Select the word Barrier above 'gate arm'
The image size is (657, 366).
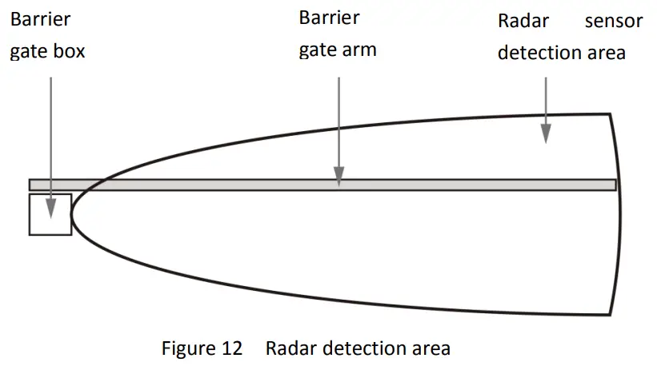[x=329, y=18]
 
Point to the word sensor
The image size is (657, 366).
[x=613, y=21]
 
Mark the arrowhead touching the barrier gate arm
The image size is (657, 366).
[x=339, y=177]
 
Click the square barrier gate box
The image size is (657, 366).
[x=50, y=214]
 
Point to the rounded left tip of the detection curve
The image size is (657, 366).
[x=72, y=213]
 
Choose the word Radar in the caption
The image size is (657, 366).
[x=287, y=349]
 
